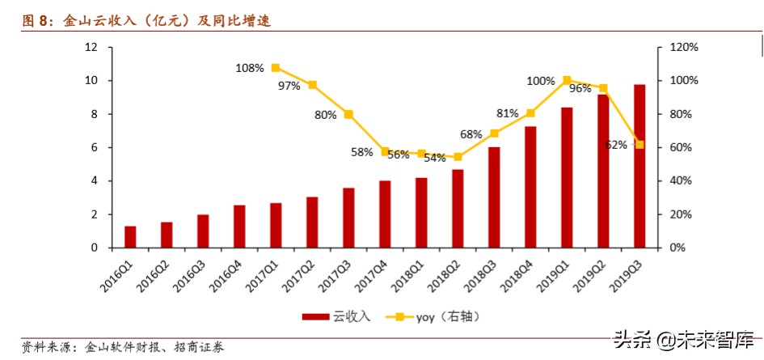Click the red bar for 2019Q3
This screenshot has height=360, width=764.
639,166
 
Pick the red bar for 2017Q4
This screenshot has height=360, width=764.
385,214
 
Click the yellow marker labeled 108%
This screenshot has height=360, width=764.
276,68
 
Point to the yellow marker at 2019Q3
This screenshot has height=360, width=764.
639,144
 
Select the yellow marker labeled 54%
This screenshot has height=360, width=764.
458,157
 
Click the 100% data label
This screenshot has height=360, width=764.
541,81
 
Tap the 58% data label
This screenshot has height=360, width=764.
361,151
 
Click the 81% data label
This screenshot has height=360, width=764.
508,113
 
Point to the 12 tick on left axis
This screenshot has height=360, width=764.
91,47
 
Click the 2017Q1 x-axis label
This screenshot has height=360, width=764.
266,272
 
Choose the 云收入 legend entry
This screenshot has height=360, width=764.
336,316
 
